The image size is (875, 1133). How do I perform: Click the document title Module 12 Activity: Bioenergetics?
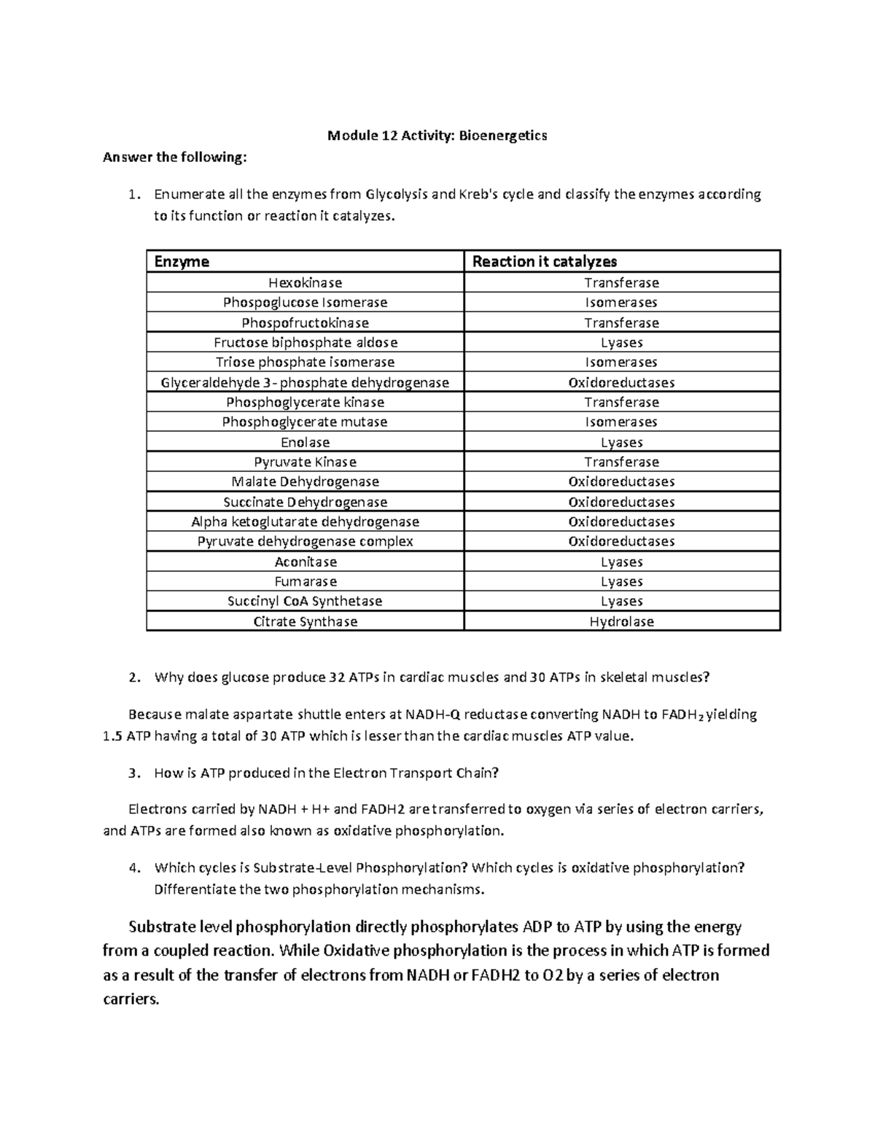[437, 135]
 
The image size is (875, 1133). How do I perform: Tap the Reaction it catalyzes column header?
[544, 261]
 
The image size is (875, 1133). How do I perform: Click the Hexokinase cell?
[305, 282]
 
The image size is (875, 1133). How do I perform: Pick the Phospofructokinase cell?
[305, 322]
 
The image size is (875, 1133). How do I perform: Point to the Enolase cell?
[305, 442]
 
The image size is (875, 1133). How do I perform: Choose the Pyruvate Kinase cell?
[305, 462]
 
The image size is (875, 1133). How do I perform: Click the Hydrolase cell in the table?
[621, 622]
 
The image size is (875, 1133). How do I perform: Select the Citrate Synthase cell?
[305, 622]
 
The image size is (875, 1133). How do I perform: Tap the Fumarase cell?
[305, 581]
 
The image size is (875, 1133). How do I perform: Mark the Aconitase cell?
[305, 562]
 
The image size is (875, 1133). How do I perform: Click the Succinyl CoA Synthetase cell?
[305, 601]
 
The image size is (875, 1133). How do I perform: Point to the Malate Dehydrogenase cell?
[305, 482]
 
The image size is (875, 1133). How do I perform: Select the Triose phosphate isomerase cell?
[305, 362]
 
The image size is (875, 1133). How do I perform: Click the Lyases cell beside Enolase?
[621, 442]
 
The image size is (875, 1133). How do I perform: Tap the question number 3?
[132, 773]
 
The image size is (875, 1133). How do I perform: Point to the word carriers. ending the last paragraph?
[131, 999]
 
